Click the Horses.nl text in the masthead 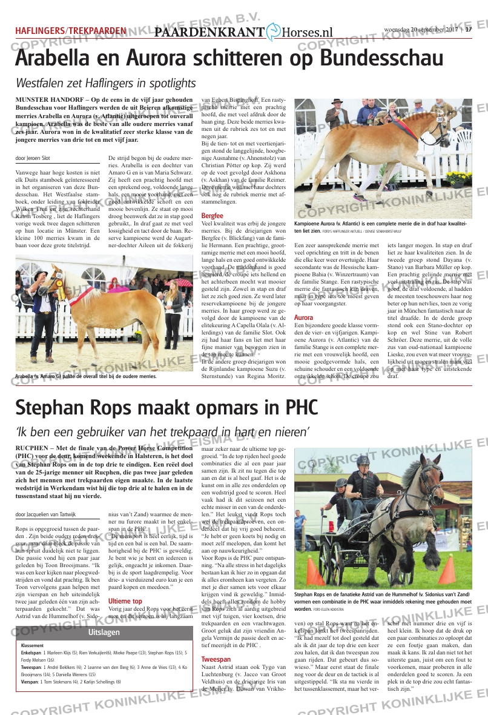[x=308, y=33]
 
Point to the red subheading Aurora [x=303, y=318]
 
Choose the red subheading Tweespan [x=216, y=659]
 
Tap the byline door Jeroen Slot [x=33, y=159]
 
